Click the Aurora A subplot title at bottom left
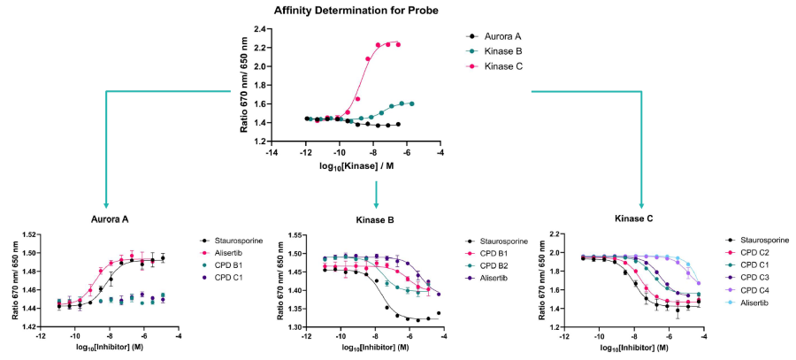pos(106,219)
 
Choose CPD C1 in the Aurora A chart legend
pos(233,284)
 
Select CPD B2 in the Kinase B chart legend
pos(498,269)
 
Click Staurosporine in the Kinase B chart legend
pos(505,241)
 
